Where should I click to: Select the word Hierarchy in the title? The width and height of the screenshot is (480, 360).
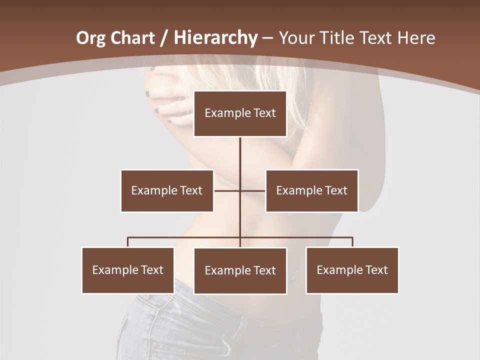tap(215, 38)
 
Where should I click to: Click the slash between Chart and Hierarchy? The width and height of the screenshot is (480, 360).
tap(164, 38)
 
